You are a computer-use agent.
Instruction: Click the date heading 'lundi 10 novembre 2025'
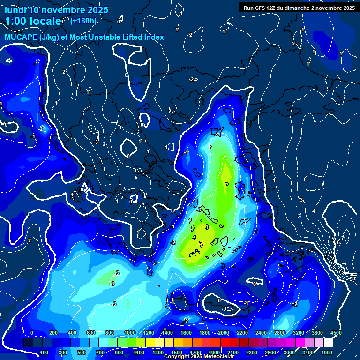tap(56, 10)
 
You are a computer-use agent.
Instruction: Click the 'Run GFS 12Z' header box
tap(298, 7)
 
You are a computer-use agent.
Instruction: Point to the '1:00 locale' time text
tap(33, 22)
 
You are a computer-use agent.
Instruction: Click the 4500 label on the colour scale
tap(336, 333)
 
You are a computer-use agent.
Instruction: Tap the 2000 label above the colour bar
tap(223, 333)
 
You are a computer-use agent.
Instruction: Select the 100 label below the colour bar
tap(45, 352)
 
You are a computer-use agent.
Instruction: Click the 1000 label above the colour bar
tap(130, 333)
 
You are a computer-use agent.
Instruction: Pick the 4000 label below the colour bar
tap(327, 352)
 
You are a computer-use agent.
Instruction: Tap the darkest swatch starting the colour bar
tap(28, 343)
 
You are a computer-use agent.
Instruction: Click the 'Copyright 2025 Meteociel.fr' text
tap(201, 357)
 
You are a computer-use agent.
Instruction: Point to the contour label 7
tap(343, 239)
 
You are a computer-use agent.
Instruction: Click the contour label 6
tap(338, 242)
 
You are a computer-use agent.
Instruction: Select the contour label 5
tap(333, 239)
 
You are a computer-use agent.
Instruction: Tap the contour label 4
tap(314, 211)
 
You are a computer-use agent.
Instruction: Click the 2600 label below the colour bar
tap(270, 352)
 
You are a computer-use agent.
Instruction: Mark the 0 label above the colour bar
tap(32, 333)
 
